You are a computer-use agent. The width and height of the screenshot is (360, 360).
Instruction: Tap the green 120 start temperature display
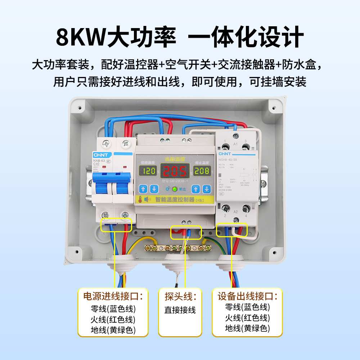pyautogui.click(x=147, y=171)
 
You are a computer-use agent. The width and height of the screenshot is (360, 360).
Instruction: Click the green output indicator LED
pyautogui.click(x=175, y=189)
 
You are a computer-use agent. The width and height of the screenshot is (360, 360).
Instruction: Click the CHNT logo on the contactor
pyautogui.click(x=226, y=154)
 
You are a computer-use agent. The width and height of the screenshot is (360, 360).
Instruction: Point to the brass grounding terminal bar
pyautogui.click(x=176, y=248)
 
